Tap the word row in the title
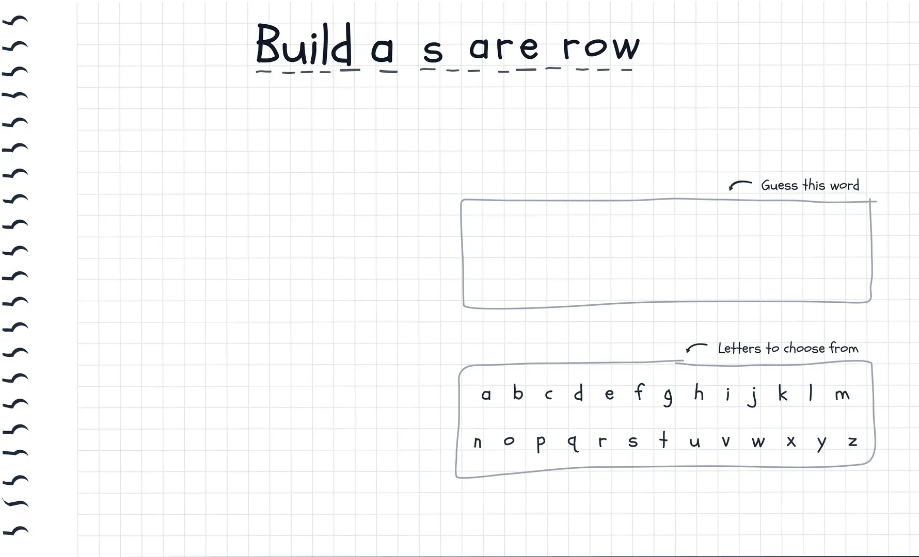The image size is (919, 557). (601, 47)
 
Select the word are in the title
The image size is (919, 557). (504, 47)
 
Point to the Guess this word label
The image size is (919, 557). (810, 185)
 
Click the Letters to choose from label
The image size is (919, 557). (788, 348)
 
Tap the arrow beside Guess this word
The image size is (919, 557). (740, 185)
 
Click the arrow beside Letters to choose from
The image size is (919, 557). (696, 347)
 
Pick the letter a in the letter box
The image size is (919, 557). (486, 395)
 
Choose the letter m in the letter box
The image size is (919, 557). (842, 395)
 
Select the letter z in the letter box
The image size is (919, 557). (852, 441)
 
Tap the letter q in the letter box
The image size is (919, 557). (572, 443)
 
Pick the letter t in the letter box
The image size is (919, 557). (663, 440)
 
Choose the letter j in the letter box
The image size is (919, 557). (753, 396)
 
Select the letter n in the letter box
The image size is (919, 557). (478, 442)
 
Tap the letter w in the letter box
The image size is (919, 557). (758, 442)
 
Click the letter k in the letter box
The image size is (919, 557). (783, 394)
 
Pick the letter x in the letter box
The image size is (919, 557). (791, 442)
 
